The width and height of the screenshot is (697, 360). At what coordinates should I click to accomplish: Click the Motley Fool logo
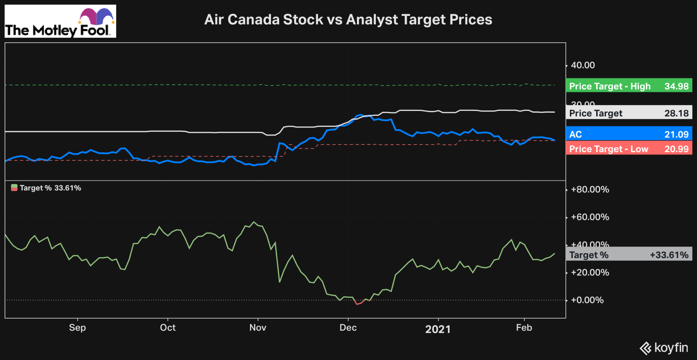60,21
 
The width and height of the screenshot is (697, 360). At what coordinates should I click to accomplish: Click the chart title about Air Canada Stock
348,19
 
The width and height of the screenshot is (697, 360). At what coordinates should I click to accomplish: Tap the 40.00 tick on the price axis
583,65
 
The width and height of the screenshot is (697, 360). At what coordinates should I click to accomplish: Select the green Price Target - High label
629,86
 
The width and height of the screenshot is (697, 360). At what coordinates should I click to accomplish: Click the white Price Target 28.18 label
629,113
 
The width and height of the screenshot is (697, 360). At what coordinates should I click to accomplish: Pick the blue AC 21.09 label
629,134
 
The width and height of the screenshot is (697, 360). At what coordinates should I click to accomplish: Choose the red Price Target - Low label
629,149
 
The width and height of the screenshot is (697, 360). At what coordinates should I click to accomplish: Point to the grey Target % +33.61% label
629,255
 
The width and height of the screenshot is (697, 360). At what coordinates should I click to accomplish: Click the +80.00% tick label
590,190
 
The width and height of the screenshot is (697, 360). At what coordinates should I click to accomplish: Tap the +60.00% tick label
590,217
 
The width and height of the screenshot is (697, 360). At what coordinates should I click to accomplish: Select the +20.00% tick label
590,273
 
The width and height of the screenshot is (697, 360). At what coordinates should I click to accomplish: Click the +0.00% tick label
587,300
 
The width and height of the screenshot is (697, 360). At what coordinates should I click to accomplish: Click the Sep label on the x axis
77,328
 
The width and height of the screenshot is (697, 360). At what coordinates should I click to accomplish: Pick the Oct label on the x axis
168,328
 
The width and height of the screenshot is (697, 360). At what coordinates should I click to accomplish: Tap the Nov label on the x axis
258,328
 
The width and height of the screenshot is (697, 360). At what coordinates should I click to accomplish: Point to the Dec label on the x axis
348,328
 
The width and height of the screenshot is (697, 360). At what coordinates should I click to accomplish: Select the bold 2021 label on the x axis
438,329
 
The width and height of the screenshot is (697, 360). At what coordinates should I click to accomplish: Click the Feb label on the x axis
524,328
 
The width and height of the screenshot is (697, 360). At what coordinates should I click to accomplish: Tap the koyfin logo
664,348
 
